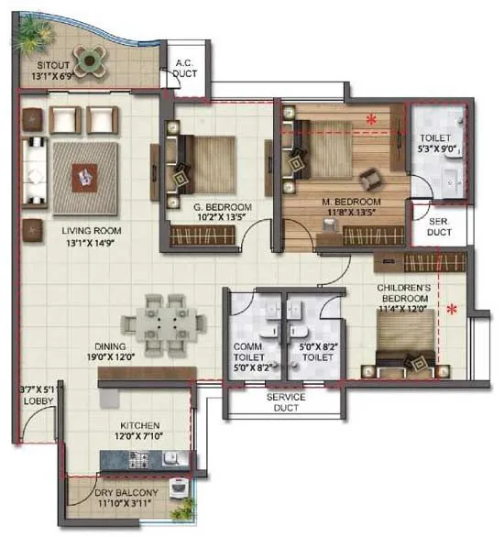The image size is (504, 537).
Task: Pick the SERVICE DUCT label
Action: [x=284, y=401]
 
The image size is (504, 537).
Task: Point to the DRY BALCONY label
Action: [x=126, y=493]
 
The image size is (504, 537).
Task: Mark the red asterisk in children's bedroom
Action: [x=451, y=309]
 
